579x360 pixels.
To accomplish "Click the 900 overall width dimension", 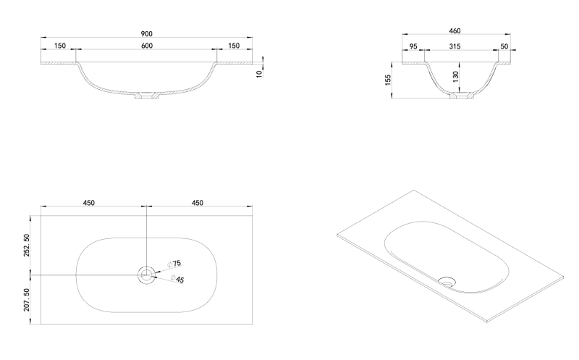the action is [x=147, y=34].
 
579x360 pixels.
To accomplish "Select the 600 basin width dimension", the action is [x=147, y=46].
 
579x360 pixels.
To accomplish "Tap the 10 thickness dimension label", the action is [x=259, y=74].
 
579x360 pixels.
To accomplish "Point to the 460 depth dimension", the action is [x=455, y=31].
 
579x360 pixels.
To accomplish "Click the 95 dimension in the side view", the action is [x=413, y=46].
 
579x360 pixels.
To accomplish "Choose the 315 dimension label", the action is [x=455, y=46].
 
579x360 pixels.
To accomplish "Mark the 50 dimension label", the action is [x=504, y=46].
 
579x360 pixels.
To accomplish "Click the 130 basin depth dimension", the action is [x=456, y=77].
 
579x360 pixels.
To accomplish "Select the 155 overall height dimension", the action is [x=388, y=80].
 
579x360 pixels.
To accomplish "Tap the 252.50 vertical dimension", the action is [x=26, y=246].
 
